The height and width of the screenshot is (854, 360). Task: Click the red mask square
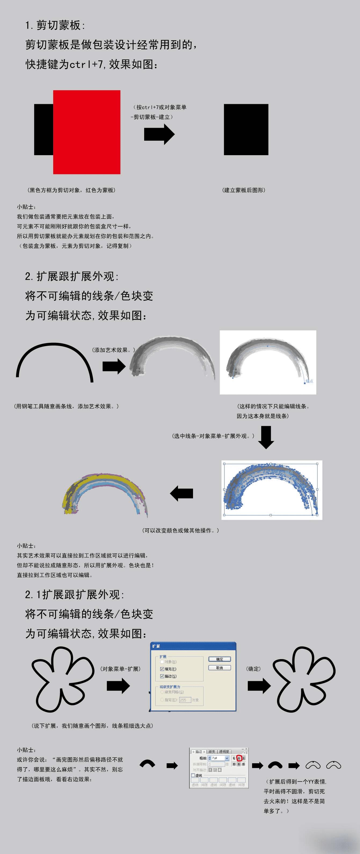click(x=86, y=132)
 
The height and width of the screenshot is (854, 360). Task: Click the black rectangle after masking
click(x=246, y=129)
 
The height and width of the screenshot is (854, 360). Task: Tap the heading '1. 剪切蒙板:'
click(x=55, y=25)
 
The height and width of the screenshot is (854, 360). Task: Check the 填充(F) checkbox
click(x=162, y=669)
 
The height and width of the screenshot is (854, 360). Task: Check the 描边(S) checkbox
click(x=162, y=676)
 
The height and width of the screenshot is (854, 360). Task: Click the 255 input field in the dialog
click(x=185, y=700)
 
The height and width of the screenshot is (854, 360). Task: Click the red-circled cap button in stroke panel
click(x=239, y=758)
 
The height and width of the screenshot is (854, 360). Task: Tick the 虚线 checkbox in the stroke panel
click(x=193, y=775)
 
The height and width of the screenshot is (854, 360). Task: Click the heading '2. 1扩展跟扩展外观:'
click(x=75, y=595)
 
